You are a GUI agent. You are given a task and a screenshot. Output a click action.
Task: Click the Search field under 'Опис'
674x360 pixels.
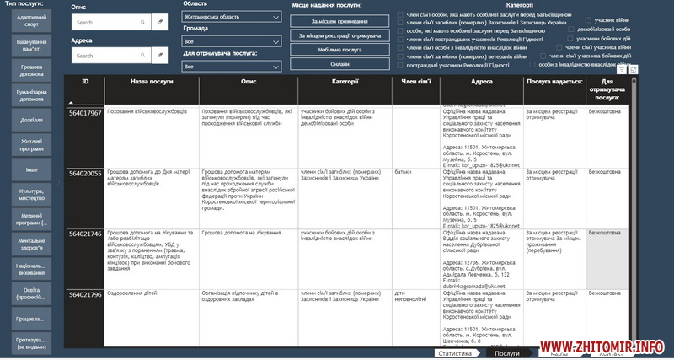click(108, 22)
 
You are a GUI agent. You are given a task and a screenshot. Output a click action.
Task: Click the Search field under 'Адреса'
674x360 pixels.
click(108, 56)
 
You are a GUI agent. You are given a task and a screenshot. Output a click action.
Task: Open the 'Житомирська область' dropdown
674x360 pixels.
click(232, 16)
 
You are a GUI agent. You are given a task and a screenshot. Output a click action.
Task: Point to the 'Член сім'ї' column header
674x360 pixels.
click(415, 82)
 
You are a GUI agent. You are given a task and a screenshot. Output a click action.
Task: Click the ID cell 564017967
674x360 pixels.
click(85, 112)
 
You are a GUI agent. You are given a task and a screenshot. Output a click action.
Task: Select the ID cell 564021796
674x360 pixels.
click(85, 294)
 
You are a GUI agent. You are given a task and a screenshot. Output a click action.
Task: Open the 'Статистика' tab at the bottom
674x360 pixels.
click(454, 353)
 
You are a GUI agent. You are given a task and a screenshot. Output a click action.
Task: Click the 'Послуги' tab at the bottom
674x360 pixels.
click(506, 353)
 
